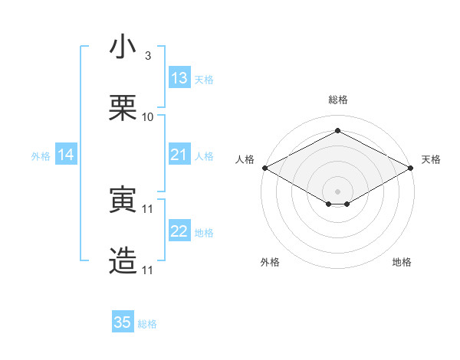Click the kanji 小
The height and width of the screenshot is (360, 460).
[123, 47]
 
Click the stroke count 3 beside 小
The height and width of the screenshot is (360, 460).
[148, 56]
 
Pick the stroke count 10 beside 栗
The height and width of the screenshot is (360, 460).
[148, 117]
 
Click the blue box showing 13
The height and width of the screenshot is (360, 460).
[179, 78]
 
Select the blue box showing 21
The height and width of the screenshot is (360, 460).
[179, 155]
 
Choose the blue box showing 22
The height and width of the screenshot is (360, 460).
[179, 231]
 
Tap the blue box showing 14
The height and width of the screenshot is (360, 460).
[66, 155]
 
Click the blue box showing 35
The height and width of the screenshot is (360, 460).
[123, 322]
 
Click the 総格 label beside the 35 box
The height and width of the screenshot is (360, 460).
[147, 324]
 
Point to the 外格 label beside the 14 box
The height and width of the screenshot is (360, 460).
[41, 156]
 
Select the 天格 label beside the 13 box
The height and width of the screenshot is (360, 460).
[203, 80]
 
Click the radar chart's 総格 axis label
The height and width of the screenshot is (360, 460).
[337, 100]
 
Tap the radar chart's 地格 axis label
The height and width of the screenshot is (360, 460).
[402, 263]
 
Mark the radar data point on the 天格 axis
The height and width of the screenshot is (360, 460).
[411, 167]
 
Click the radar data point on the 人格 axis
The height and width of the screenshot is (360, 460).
[264, 167]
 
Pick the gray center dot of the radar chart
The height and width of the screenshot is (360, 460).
[337, 191]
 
